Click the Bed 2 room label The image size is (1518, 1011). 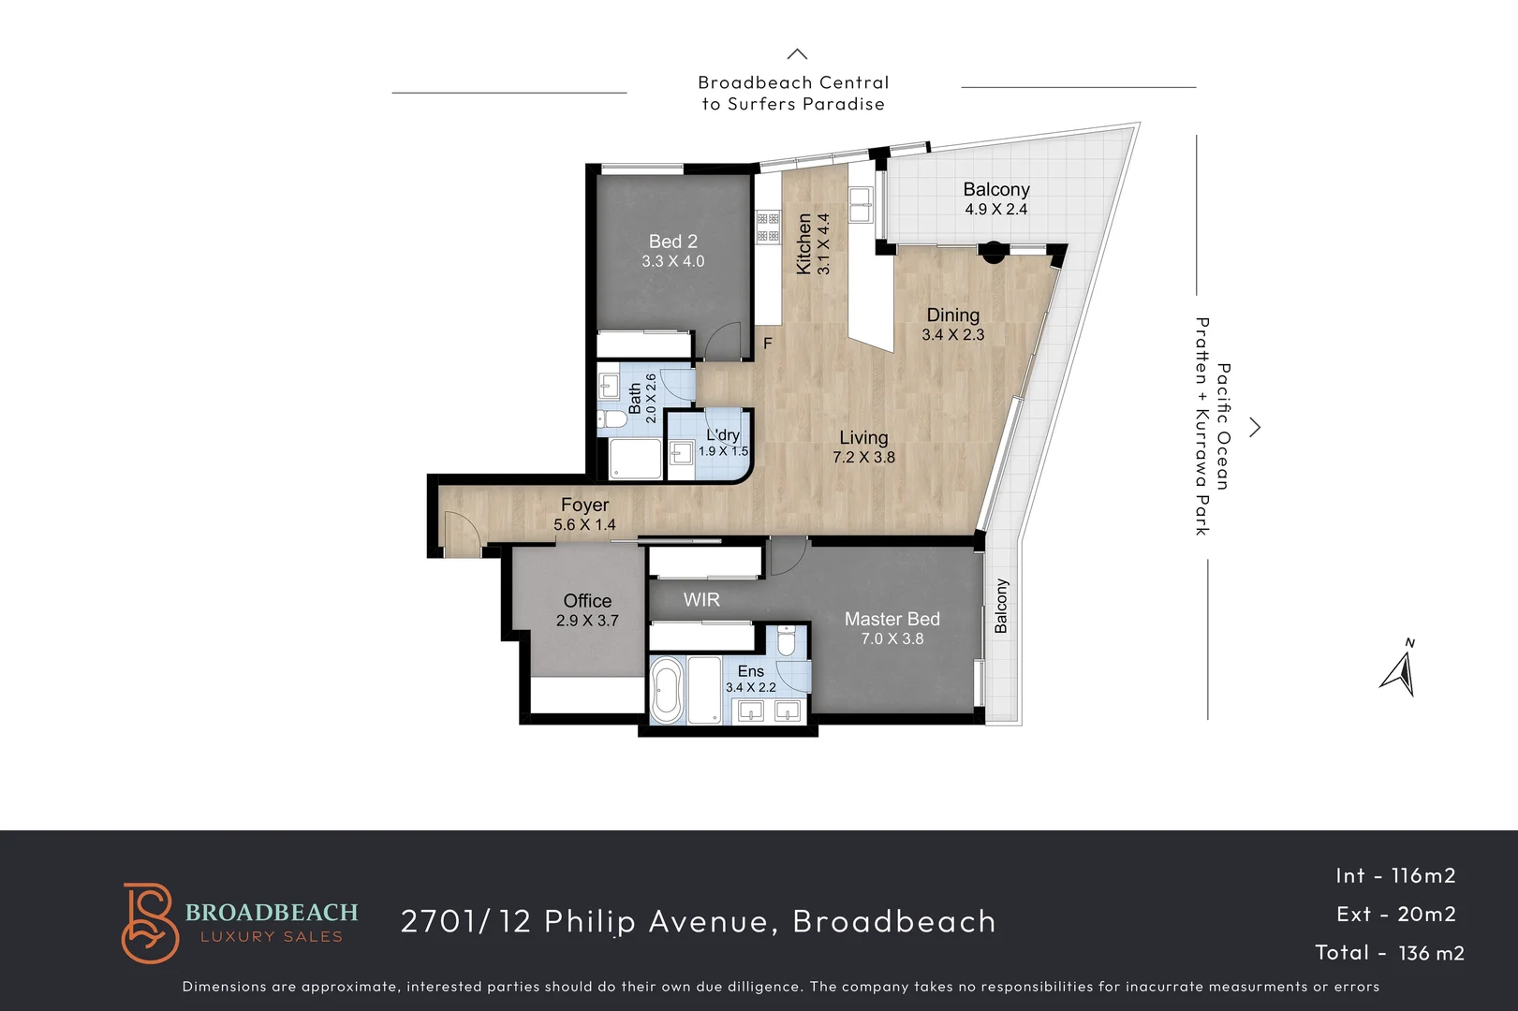point(672,242)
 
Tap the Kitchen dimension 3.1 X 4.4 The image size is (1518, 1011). point(824,244)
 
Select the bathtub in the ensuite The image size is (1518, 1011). point(667,691)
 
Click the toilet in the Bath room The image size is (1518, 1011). point(613,418)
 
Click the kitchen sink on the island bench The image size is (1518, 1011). point(861,202)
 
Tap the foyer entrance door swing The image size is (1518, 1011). point(462,535)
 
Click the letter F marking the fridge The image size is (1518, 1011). point(768,344)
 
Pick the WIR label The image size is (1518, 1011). point(701,600)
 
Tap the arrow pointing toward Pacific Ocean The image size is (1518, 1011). point(1256,428)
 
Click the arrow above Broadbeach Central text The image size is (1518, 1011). point(797,54)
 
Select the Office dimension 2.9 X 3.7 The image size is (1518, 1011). point(587,621)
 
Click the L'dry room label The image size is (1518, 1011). point(723,435)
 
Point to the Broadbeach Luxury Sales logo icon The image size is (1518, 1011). point(149,922)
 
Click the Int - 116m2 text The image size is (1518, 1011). point(1395,875)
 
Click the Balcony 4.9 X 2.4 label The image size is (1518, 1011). point(996,198)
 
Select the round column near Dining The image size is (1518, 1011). point(993,251)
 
